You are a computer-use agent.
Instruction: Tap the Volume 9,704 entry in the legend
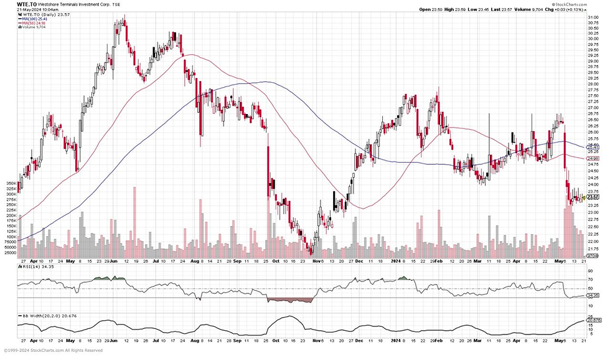(x=32, y=28)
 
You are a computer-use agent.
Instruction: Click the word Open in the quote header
(x=425, y=9)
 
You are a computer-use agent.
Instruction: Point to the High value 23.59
(x=462, y=9)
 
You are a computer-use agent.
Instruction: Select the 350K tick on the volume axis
(x=9, y=184)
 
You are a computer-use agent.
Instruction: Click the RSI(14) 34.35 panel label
(x=32, y=267)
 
